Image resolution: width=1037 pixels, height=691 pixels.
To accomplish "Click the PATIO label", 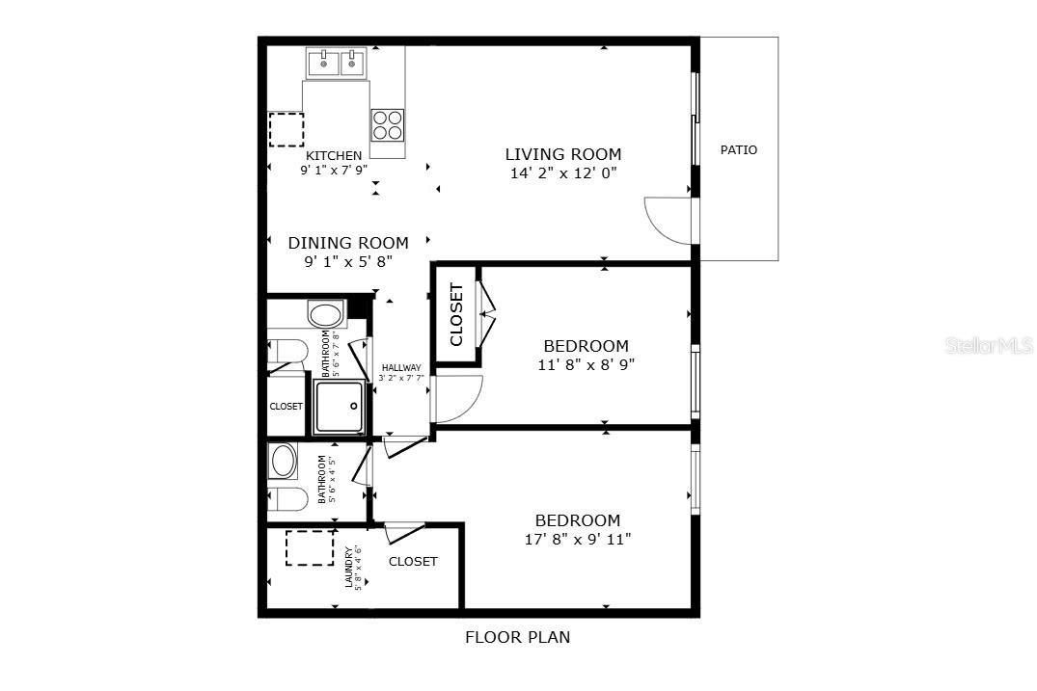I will coord(739,150).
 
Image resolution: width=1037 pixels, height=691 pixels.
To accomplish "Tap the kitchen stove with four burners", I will coord(388,126).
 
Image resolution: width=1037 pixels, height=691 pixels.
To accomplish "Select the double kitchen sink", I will coord(337,64).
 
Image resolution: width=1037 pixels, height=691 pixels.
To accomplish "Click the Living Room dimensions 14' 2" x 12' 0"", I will coord(563,173).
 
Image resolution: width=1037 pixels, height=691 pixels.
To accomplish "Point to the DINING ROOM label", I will coord(347,243).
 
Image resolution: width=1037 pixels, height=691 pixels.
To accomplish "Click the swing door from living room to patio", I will coord(668,220).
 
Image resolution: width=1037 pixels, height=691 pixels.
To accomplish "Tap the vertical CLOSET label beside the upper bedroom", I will coord(456,314).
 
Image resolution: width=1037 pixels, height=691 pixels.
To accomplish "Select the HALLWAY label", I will coord(400,368).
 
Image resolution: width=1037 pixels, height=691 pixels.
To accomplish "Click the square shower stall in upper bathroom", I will coord(340,407).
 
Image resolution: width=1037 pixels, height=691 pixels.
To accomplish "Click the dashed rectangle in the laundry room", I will coord(310,547).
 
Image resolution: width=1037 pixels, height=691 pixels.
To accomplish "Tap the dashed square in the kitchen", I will coord(287,129).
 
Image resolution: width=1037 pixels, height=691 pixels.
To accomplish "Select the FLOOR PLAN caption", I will coord(517,637).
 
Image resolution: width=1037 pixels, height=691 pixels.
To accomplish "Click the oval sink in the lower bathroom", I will coord(284,461).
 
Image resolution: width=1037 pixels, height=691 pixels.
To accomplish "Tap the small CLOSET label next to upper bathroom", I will coord(286,407).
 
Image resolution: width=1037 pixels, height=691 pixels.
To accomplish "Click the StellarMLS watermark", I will coord(992,344).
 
